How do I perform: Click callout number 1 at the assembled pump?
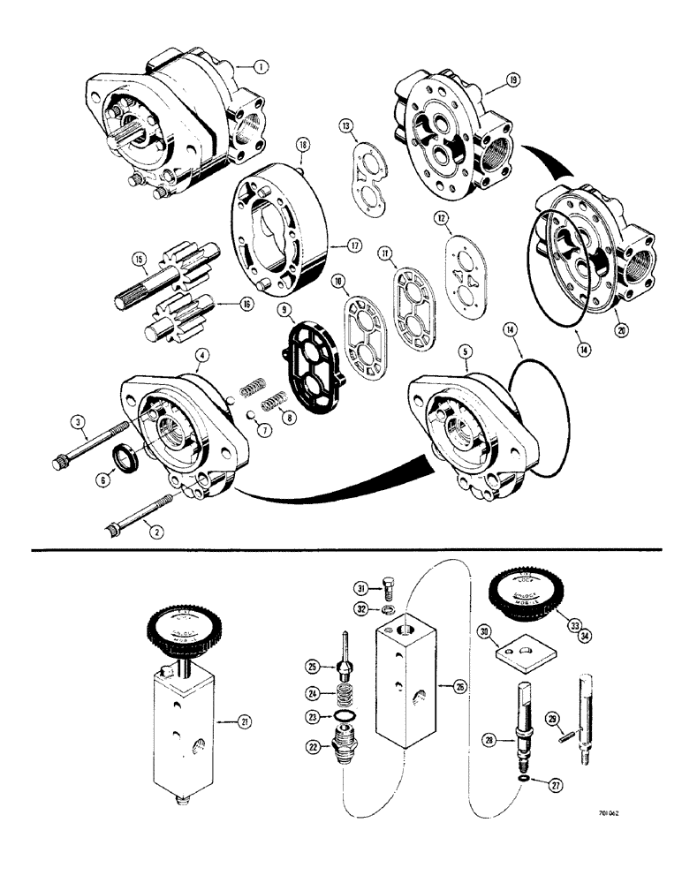[x=257, y=65]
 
